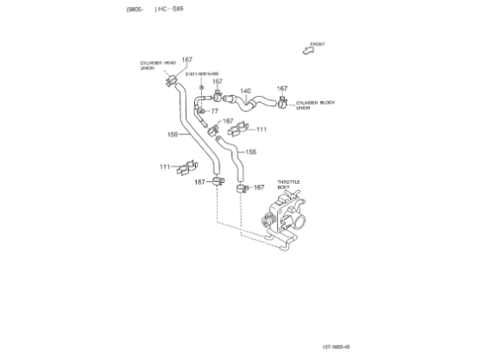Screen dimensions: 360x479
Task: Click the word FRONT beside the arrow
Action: click(x=319, y=43)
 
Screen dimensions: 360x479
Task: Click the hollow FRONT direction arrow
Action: click(x=308, y=51)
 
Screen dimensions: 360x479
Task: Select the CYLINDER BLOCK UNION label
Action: click(x=314, y=105)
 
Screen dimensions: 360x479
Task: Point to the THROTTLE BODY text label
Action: click(x=288, y=185)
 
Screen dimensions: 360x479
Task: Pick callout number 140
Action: click(x=245, y=91)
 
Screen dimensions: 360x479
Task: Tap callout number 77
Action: click(x=214, y=112)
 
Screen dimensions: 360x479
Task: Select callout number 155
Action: click(x=251, y=152)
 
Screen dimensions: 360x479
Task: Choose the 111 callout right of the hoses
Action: click(x=261, y=129)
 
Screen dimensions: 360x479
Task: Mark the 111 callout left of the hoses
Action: click(x=165, y=166)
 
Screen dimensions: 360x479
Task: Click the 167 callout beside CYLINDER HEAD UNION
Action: click(x=187, y=60)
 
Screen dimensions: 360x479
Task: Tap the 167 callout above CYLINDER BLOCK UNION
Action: click(x=282, y=88)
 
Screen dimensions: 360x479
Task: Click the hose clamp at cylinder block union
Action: click(x=283, y=105)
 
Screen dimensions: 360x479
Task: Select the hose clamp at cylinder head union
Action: click(x=172, y=83)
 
